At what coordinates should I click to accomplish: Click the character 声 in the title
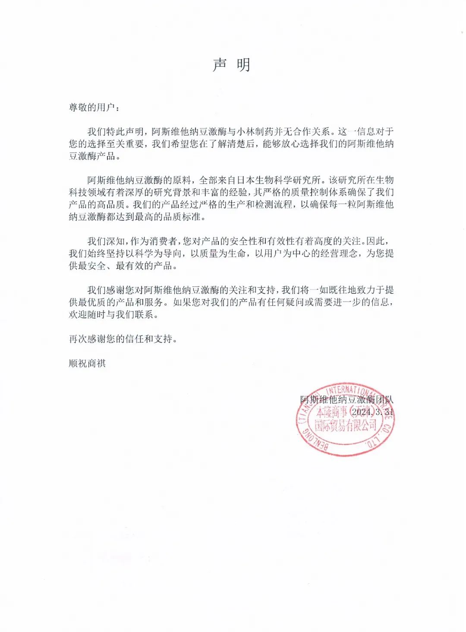(219, 65)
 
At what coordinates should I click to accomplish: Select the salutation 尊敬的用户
(92, 107)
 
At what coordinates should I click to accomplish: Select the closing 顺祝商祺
(87, 364)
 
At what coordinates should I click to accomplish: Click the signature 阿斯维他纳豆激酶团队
(347, 400)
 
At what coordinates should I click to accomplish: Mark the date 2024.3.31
(372, 412)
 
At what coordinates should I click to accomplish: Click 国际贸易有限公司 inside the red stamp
(345, 426)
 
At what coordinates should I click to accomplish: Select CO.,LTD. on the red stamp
(380, 436)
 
